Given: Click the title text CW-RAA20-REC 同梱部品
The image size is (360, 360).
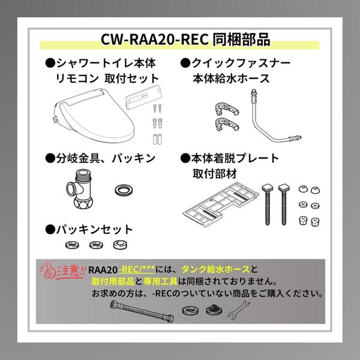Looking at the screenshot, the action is point(185,40).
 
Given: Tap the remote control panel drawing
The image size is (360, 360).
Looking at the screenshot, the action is point(143,98).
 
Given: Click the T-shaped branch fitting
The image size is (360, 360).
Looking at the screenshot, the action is point(80,189).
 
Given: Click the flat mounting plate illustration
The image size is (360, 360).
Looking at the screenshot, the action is point(220,205).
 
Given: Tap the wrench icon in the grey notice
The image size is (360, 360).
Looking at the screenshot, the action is point(239,310).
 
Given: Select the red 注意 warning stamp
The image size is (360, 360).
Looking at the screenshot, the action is point(62,271).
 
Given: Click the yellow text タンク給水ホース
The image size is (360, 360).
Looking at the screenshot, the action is point(215,269).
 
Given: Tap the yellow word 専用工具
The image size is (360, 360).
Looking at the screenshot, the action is point(160,281).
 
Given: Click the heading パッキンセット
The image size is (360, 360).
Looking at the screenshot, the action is point(89,229).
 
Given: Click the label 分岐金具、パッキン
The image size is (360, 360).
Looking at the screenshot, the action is point(100,158).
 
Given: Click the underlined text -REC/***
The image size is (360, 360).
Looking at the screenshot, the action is point(137,269).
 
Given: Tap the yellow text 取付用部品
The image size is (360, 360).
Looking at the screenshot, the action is point(113,281).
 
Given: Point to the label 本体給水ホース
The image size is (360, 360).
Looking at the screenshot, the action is point(231,78).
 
